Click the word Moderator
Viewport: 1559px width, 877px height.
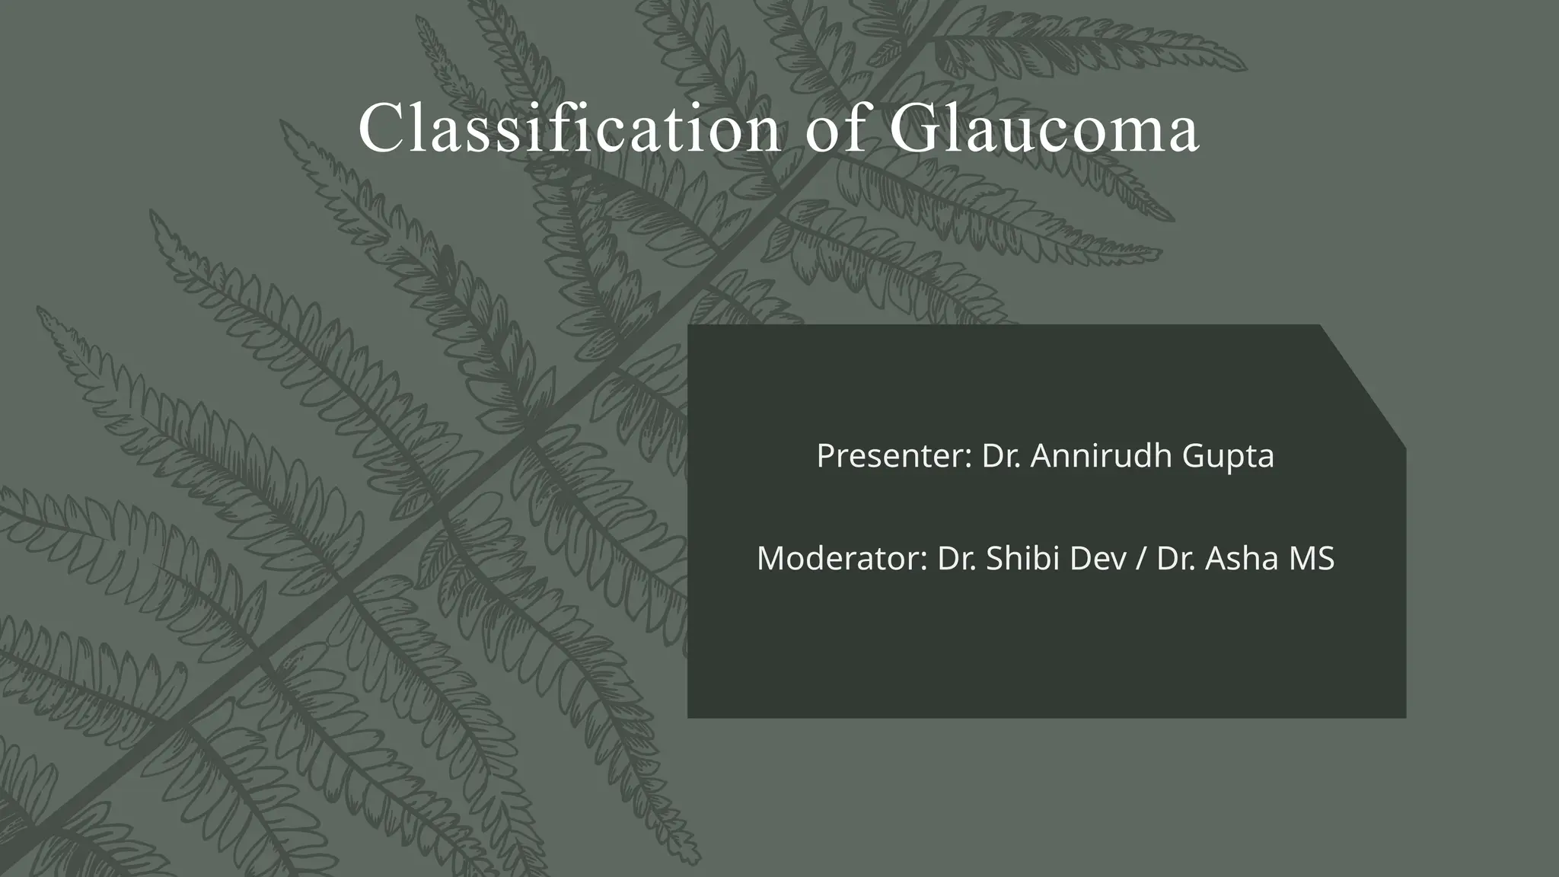(x=840, y=558)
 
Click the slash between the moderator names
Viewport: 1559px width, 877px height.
(x=1140, y=559)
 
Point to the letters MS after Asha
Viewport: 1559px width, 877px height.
(x=1311, y=558)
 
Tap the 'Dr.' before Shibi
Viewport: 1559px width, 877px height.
(x=957, y=558)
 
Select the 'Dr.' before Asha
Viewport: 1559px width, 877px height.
(x=1177, y=558)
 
